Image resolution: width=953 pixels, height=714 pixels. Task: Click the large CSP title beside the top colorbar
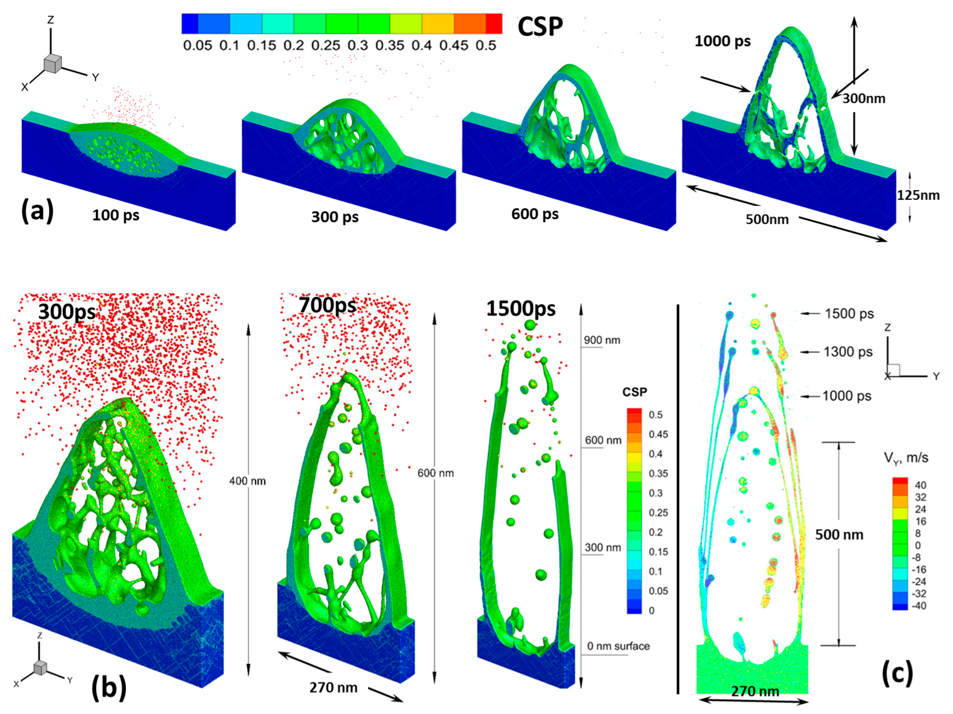[x=540, y=26]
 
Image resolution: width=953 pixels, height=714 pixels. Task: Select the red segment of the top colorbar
[x=494, y=24]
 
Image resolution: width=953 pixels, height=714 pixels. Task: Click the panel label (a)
[x=37, y=210]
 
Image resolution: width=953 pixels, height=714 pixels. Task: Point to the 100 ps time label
[x=115, y=215]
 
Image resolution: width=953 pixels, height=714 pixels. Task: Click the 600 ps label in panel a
[x=535, y=214]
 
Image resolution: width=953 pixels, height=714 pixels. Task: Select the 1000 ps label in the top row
[x=722, y=41]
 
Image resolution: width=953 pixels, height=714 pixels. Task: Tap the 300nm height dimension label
[x=864, y=99]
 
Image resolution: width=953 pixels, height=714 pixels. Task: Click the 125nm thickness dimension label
[x=918, y=195]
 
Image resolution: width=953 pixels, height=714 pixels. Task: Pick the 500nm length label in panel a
[x=767, y=220]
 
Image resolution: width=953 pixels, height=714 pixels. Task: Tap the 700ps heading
[x=327, y=305]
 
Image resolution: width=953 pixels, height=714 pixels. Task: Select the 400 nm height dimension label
[x=247, y=481]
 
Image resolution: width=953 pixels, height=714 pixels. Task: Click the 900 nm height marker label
[x=602, y=340]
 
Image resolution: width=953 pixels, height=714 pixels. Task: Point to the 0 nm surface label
[x=618, y=646]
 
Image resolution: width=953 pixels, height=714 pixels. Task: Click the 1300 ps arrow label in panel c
[x=848, y=352]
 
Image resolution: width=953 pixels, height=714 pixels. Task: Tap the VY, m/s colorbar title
[x=906, y=458]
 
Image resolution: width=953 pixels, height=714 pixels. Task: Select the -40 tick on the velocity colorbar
[x=919, y=606]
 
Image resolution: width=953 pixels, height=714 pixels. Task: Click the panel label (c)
[x=897, y=673]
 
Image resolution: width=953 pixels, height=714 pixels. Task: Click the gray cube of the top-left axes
[x=52, y=64]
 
